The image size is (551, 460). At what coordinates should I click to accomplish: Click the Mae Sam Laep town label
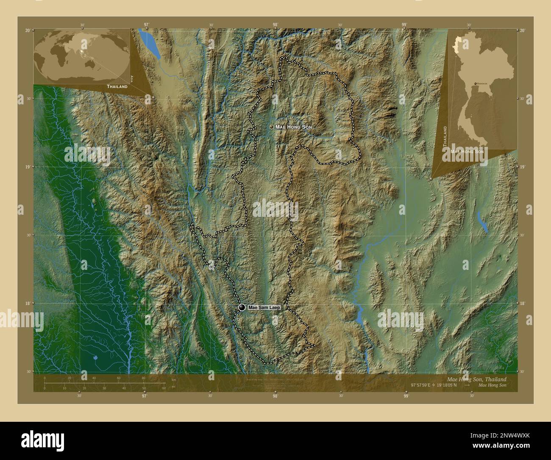coord(264,307)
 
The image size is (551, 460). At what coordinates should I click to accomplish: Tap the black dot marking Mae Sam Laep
coord(242,307)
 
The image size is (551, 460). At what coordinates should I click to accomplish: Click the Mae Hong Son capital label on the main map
coord(294,127)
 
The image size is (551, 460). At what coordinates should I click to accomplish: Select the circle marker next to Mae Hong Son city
coord(271,127)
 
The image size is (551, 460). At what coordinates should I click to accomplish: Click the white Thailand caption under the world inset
coord(117,86)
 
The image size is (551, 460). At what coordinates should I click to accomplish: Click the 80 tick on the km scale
coord(144,378)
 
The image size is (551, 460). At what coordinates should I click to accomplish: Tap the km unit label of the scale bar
coord(173,379)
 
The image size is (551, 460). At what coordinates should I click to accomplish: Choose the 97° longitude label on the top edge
coord(146,25)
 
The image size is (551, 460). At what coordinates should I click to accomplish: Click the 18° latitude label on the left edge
coord(28,303)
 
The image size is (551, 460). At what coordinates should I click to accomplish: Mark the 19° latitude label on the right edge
coord(523,167)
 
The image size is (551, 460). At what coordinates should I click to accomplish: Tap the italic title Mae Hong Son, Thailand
coord(476,379)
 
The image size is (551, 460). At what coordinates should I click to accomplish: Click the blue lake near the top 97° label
coord(152,45)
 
